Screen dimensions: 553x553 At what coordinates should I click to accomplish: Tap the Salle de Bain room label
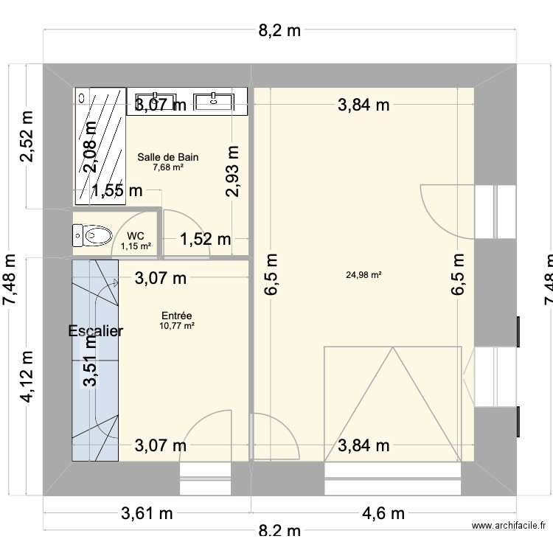point(168,157)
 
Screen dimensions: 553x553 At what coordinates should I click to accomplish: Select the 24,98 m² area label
point(364,276)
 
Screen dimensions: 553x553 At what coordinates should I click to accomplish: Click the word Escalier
point(96,331)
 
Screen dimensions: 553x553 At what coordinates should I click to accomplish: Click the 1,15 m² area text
point(136,246)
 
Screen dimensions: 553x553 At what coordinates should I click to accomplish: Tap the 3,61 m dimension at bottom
point(146,513)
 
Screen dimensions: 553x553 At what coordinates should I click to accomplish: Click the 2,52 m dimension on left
point(28,138)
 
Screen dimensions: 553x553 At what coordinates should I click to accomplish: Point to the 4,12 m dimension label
point(28,377)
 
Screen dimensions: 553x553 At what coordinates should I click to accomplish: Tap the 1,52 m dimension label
point(206,239)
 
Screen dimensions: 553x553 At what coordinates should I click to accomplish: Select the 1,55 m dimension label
point(117,191)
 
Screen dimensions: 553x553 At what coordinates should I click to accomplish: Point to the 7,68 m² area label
point(168,167)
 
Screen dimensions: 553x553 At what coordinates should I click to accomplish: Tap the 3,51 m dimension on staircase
point(91,361)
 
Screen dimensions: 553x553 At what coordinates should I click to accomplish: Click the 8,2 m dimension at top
point(278,30)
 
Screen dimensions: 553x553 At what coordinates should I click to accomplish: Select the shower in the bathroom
point(100,144)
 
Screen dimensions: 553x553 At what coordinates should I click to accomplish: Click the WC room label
point(136,236)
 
